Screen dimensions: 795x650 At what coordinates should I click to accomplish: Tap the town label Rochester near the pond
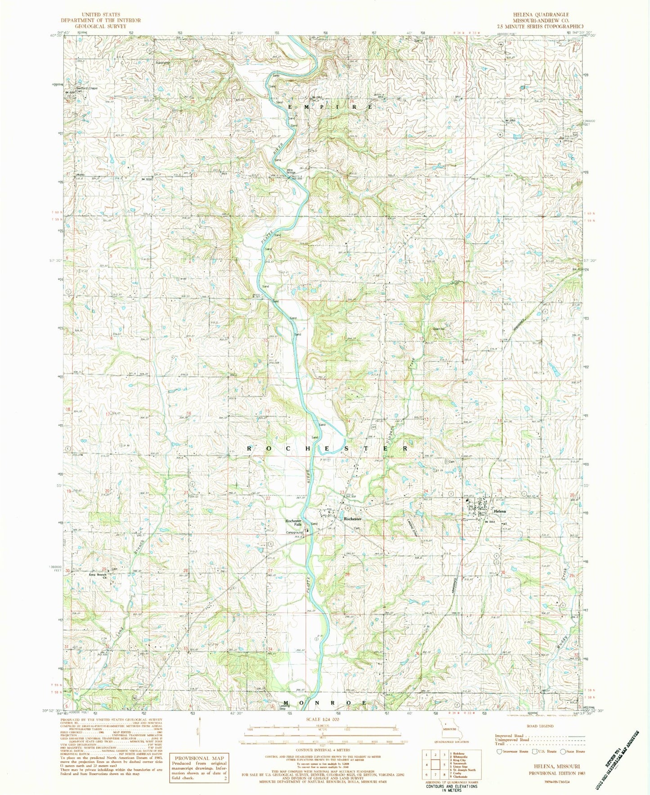pyautogui.click(x=353, y=519)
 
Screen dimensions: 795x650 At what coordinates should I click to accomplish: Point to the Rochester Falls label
pyautogui.click(x=293, y=523)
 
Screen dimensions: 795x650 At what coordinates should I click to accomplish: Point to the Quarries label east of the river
pyautogui.click(x=439, y=329)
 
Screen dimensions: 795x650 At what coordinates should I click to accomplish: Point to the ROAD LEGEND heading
pyautogui.click(x=539, y=726)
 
